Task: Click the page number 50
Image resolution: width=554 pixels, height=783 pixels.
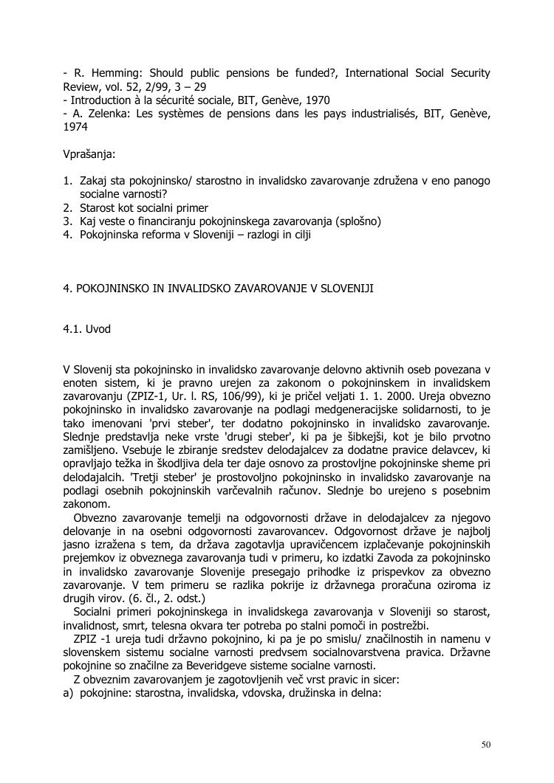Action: [x=485, y=744]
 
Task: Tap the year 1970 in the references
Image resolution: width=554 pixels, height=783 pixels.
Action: [x=318, y=100]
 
